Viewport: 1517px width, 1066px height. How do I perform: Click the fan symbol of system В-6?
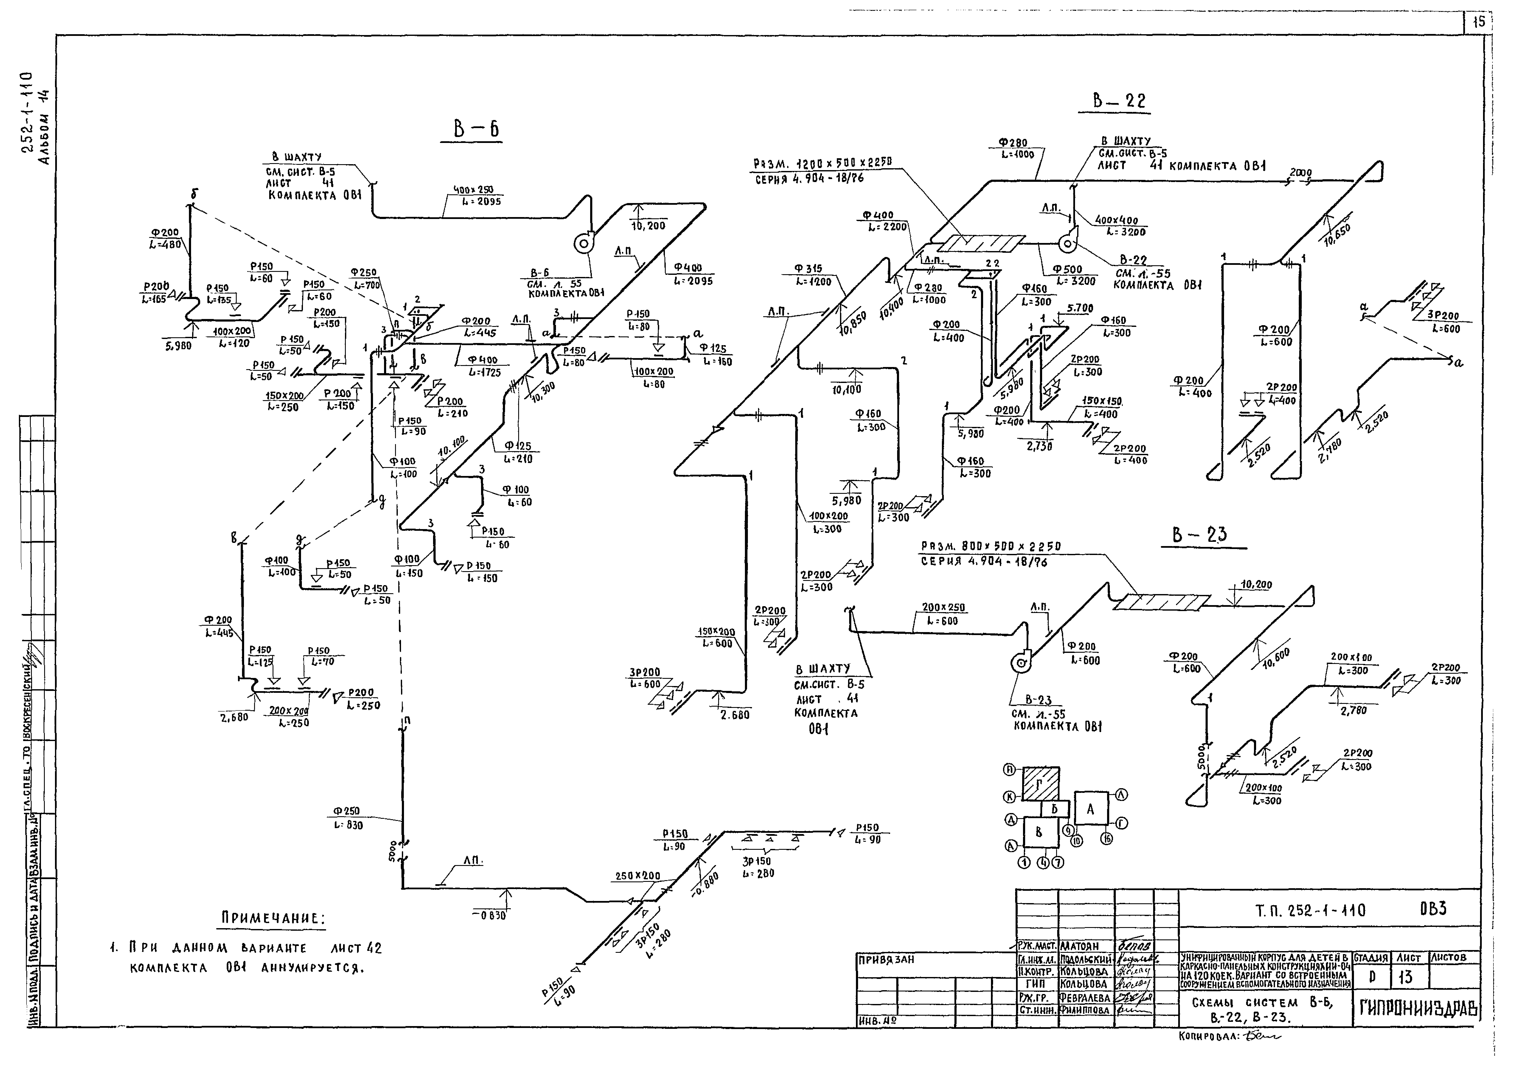583,244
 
